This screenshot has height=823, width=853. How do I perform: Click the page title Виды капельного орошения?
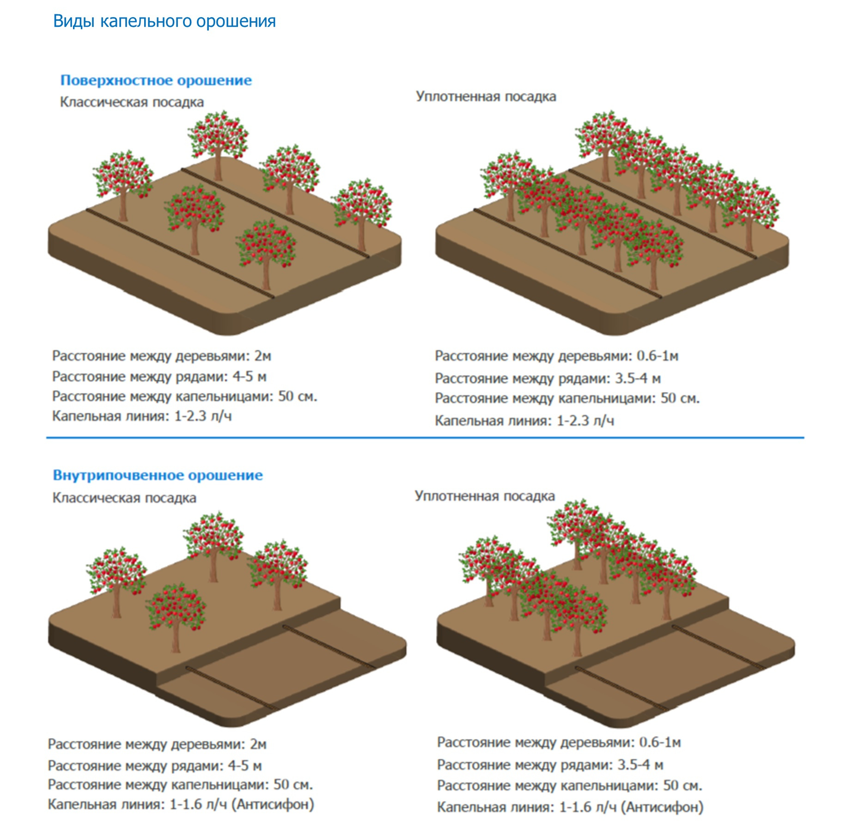click(164, 21)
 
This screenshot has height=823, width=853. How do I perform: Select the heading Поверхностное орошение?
click(156, 80)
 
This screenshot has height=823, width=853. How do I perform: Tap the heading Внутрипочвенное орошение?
click(158, 475)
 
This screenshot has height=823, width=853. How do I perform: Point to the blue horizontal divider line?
click(425, 437)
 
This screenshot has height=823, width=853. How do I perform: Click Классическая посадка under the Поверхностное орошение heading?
click(132, 102)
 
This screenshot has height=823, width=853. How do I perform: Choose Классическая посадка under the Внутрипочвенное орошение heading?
click(124, 498)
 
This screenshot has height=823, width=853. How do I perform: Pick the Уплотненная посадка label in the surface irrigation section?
click(486, 97)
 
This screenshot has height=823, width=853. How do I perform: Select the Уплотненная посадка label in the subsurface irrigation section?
click(484, 496)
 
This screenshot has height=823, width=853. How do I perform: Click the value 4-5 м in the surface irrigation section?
click(250, 377)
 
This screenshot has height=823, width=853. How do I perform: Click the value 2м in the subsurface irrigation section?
click(258, 744)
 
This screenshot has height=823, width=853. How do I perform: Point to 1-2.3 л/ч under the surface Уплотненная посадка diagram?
click(585, 421)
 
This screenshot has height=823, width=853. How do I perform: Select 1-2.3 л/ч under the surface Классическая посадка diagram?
click(202, 416)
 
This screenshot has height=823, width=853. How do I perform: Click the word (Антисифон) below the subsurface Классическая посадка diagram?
click(273, 804)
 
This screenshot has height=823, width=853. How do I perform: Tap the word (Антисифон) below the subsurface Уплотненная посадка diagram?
click(662, 807)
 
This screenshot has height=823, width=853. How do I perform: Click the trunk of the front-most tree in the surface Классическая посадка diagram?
click(266, 275)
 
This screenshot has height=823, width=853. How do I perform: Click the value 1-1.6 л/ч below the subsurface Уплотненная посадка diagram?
click(588, 807)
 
